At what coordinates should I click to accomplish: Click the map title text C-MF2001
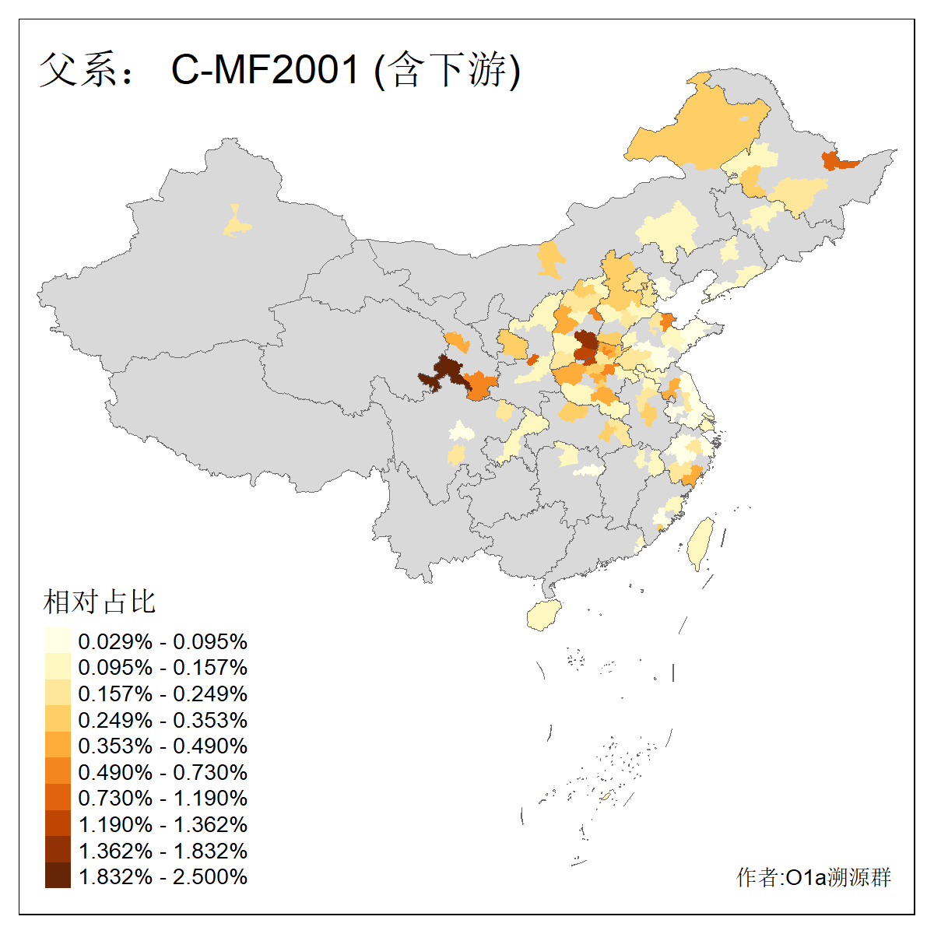click(265, 70)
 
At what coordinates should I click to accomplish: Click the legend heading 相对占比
click(100, 602)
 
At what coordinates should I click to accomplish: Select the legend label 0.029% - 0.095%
click(163, 642)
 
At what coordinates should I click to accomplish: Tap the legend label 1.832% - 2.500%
click(163, 877)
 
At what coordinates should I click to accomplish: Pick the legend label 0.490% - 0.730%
click(163, 773)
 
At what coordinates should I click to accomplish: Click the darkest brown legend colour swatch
click(58, 876)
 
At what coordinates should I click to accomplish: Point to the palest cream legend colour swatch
click(58, 641)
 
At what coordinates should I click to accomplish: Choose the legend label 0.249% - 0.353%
click(163, 721)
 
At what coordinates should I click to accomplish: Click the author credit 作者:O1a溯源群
click(813, 878)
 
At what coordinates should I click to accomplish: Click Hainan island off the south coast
click(544, 616)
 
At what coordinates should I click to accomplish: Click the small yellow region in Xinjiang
click(237, 224)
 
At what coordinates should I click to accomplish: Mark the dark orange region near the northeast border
click(837, 161)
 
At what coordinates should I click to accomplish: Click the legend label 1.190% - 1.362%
click(163, 825)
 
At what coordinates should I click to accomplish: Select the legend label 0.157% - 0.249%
click(163, 694)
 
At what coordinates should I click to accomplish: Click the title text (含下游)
click(448, 70)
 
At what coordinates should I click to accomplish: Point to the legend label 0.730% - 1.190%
click(163, 799)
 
